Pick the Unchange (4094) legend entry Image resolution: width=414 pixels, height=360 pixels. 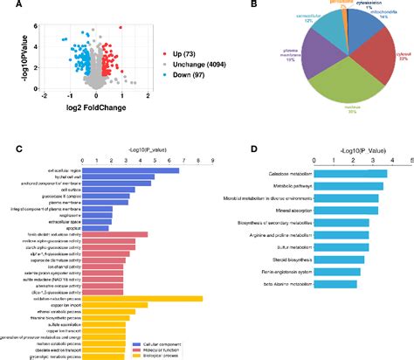point(183,66)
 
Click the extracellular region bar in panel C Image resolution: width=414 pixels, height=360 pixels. point(130,170)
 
